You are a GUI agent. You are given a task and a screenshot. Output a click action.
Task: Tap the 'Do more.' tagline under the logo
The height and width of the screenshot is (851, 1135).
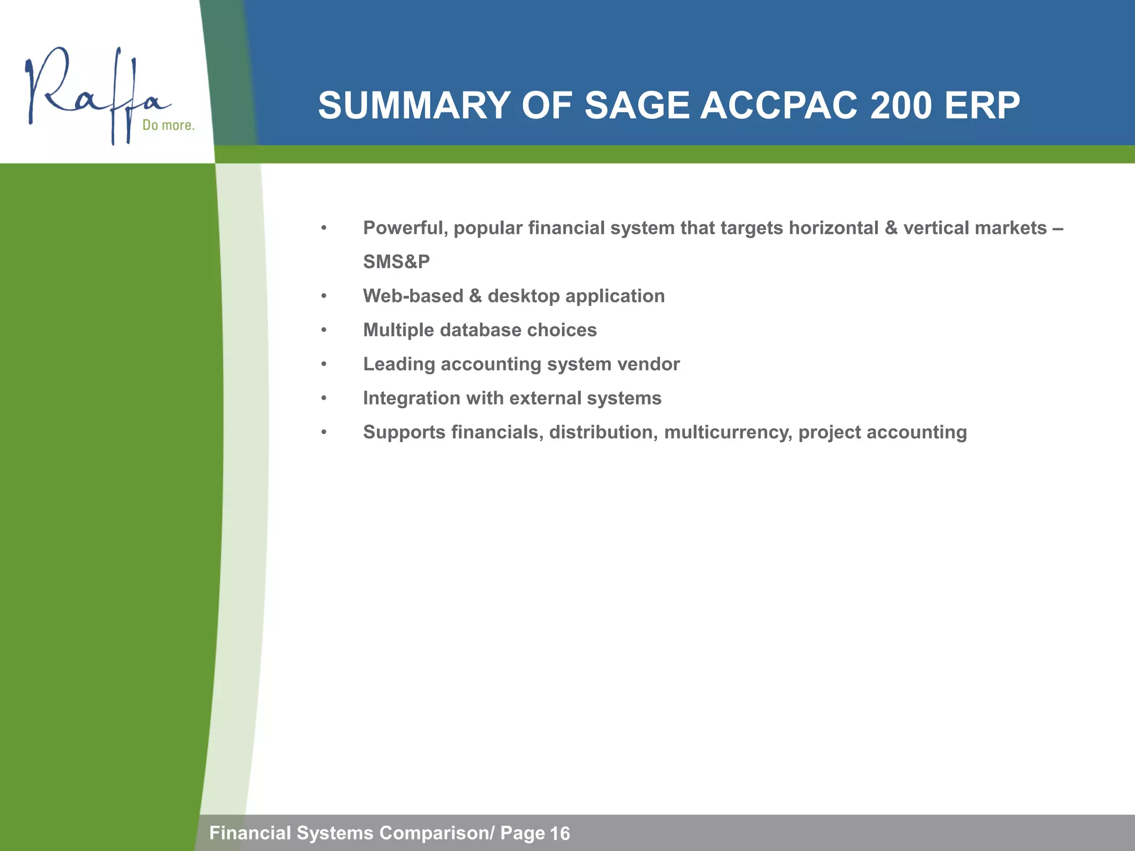coord(168,125)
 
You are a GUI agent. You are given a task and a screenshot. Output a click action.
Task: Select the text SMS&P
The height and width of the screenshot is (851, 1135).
coord(396,262)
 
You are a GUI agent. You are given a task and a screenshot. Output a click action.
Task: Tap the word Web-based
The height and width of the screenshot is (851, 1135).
coord(413,296)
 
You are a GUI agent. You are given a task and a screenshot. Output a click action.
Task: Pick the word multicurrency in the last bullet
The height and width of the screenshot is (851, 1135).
coord(728,432)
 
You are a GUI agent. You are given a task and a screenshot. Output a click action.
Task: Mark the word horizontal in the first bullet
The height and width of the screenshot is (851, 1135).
coord(834,228)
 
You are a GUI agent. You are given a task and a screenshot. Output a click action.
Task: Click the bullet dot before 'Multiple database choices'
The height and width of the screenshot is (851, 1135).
coord(324,331)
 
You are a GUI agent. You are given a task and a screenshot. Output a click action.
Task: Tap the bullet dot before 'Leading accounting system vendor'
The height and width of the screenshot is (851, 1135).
coord(324,365)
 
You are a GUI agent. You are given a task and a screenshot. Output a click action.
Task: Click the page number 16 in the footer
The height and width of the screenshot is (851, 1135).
coord(560,833)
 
